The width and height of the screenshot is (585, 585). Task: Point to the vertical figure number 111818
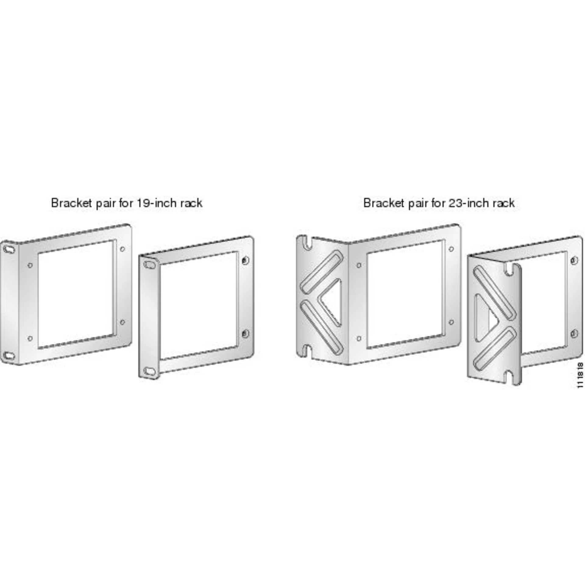pyautogui.click(x=580, y=375)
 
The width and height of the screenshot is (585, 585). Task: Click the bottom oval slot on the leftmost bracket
pyautogui.click(x=9, y=356)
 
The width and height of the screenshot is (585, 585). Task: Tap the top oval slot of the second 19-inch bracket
pyautogui.click(x=150, y=264)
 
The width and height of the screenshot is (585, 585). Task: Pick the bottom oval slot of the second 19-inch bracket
pyautogui.click(x=150, y=371)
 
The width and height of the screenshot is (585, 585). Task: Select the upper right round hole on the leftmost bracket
pyautogui.click(x=122, y=249)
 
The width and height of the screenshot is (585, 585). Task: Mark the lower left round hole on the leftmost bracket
pyautogui.click(x=30, y=338)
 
